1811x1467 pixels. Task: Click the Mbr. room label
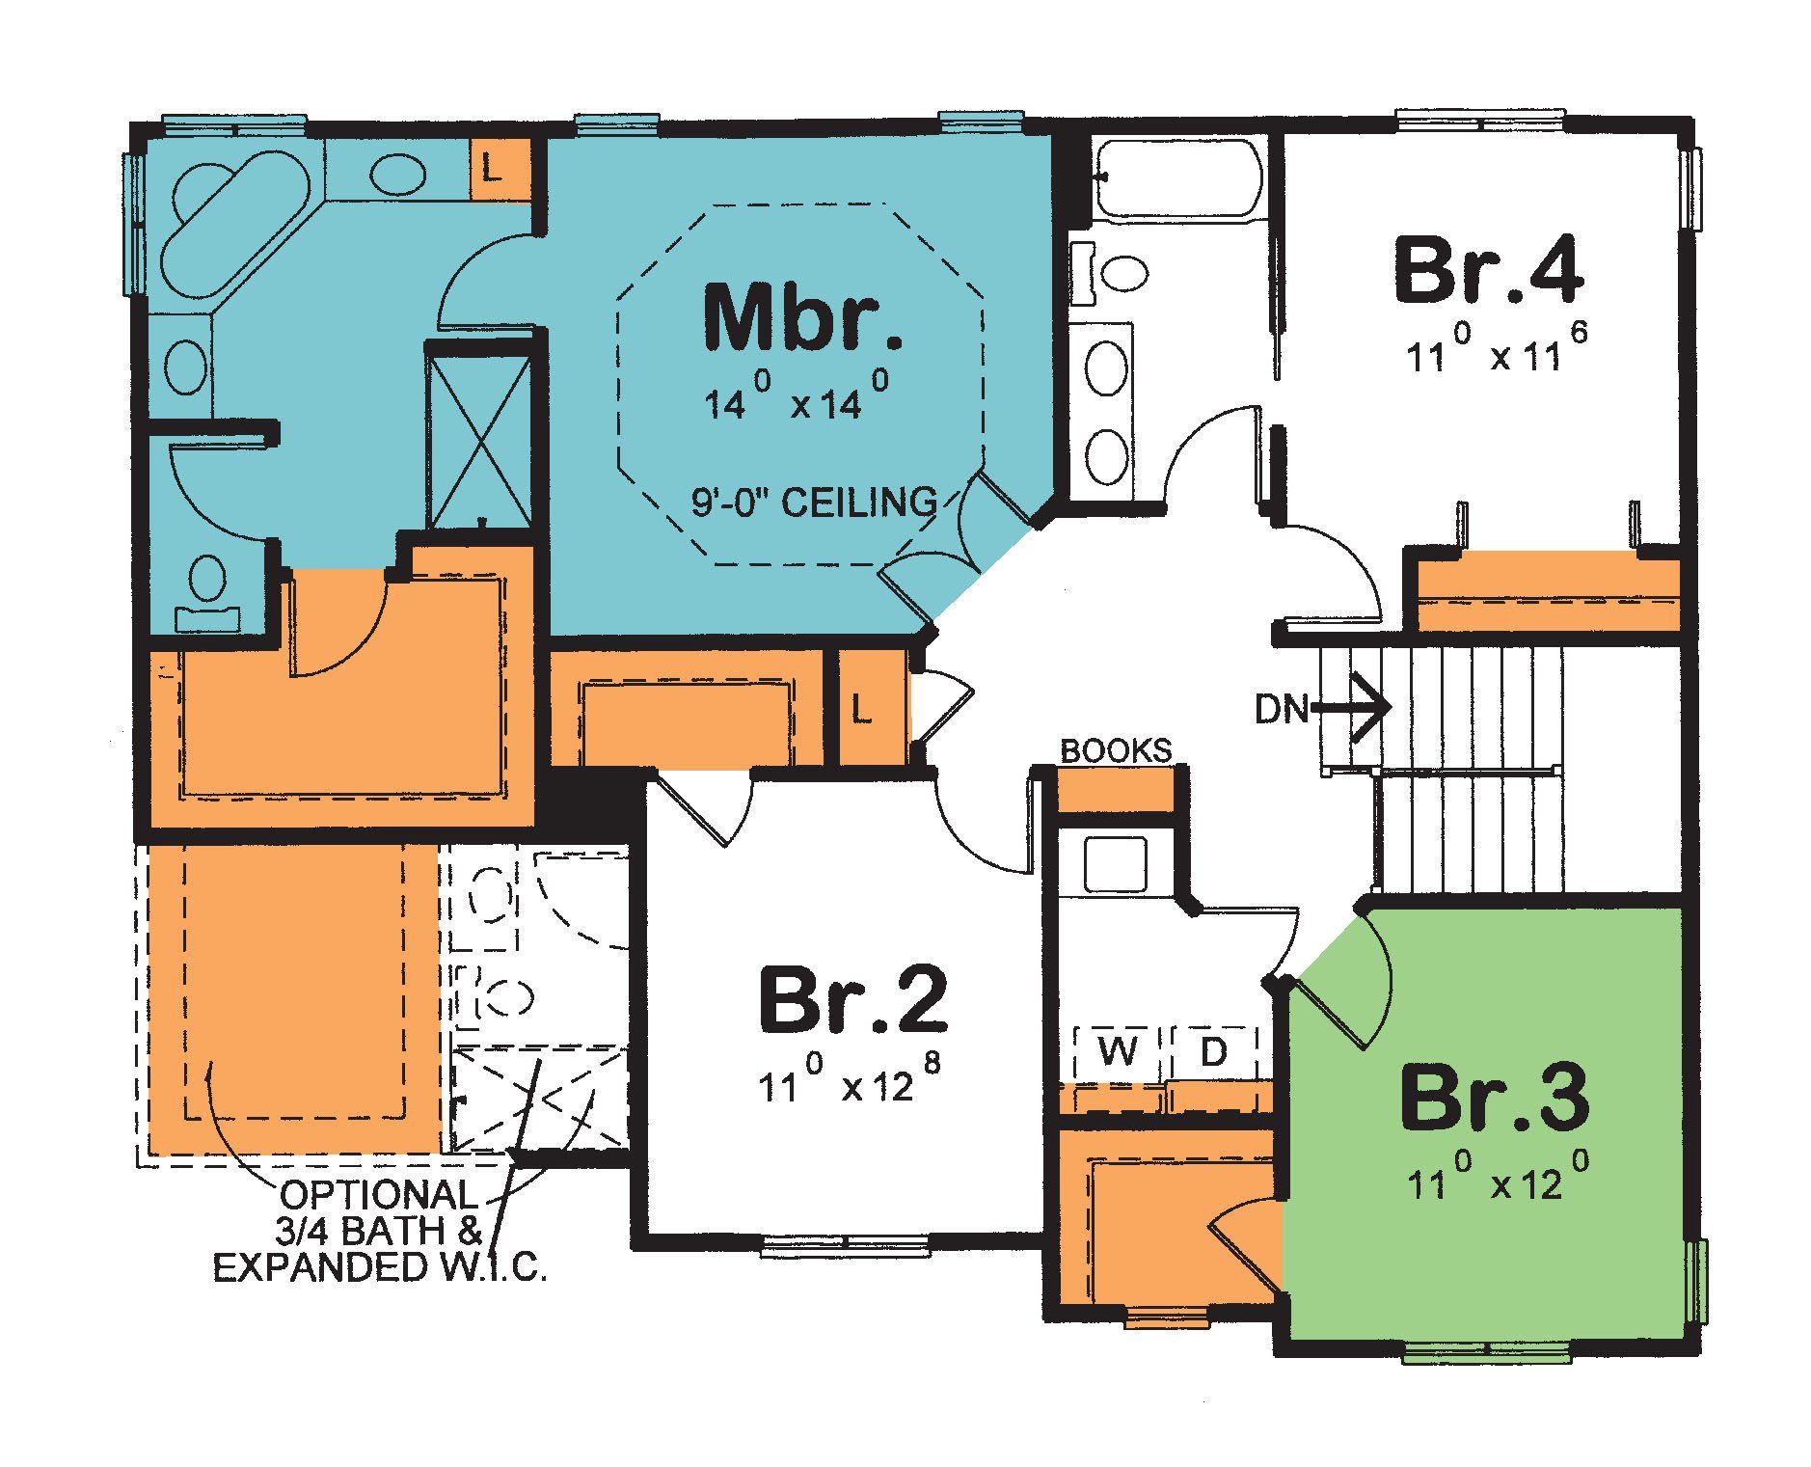803,318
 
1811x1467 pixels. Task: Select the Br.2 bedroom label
852,1000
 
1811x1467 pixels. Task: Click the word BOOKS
1116,750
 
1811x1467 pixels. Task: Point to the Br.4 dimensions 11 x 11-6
1496,353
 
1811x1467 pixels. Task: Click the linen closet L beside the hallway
862,712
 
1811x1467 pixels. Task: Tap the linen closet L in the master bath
492,170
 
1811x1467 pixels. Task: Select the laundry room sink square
1115,864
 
